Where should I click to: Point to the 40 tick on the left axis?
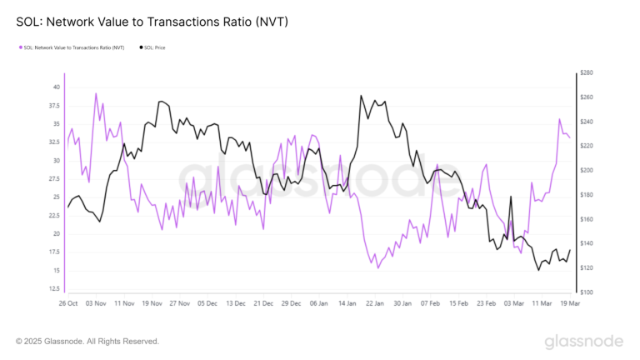(55, 87)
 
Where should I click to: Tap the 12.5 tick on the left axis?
(53, 289)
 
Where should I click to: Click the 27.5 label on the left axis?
(53, 178)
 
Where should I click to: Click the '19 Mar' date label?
(569, 304)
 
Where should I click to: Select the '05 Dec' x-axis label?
(208, 304)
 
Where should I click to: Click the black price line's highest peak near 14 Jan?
(361, 96)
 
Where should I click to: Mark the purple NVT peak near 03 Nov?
(96, 93)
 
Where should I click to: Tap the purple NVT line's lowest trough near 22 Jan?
(377, 268)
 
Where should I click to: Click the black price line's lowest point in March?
(538, 270)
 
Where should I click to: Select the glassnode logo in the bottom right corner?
(582, 341)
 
